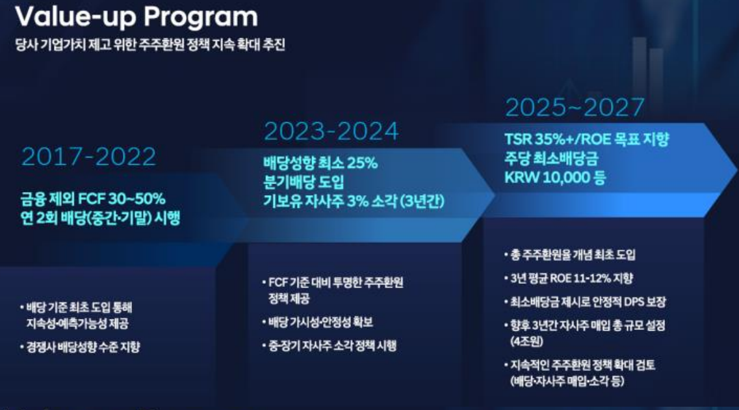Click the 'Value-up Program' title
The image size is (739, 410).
[x=136, y=18]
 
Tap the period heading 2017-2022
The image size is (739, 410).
[x=88, y=157]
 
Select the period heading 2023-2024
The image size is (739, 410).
[x=331, y=131]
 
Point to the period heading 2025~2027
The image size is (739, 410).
[x=575, y=107]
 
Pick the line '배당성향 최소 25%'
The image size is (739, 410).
[x=320, y=163]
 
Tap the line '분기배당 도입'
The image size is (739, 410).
[x=304, y=182]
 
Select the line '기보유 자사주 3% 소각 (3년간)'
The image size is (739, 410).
[x=354, y=202]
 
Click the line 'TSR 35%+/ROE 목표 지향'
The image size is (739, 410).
[x=586, y=139]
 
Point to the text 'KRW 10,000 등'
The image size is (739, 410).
[x=554, y=178]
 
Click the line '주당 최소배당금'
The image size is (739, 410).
[x=551, y=159]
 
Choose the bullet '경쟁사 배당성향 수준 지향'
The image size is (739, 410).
[x=80, y=348]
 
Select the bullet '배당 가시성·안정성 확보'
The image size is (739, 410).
[x=318, y=322]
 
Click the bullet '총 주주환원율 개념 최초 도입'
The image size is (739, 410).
[x=570, y=255]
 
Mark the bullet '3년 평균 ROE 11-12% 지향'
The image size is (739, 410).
[x=569, y=279]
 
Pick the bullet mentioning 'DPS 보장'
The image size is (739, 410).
[x=585, y=302]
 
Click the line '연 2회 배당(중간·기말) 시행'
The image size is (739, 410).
[x=100, y=218]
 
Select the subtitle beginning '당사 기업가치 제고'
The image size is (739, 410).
[x=150, y=45]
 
